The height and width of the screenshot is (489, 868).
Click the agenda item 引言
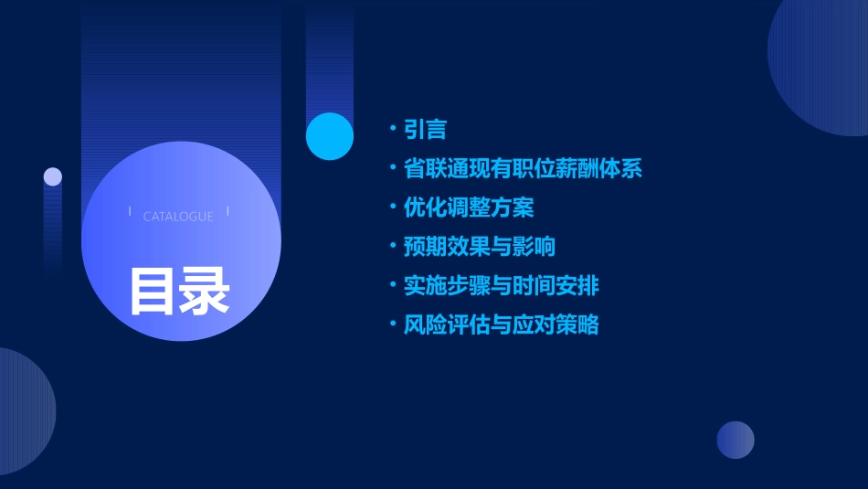coord(425,130)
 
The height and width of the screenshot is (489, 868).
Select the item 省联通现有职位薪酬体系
coord(523,169)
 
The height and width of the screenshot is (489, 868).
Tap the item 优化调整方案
coord(469,207)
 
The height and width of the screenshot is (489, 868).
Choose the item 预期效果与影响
coord(480,247)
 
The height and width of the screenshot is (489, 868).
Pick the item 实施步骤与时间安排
coord(502,286)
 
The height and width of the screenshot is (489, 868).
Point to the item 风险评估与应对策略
coord(502,324)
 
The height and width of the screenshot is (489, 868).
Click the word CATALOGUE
coord(178,217)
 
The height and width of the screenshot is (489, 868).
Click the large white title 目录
coord(179,291)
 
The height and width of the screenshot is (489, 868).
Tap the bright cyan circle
coord(330,136)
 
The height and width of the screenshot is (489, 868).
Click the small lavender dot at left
coord(53,176)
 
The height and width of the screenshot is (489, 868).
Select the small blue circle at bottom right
coord(736,440)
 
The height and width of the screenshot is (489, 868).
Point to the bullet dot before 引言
coord(392,130)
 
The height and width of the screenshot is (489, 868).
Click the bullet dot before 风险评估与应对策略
coord(392,324)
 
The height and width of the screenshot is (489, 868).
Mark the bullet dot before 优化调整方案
coord(392,207)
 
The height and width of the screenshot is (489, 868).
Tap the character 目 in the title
coord(153,291)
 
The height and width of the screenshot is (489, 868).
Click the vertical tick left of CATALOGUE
coord(130,212)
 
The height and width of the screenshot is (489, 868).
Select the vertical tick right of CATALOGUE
coord(228,212)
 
